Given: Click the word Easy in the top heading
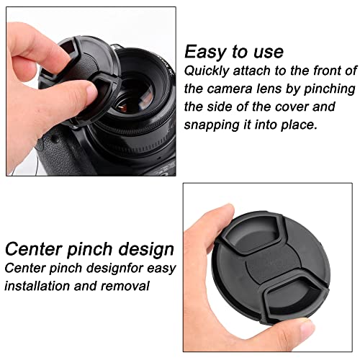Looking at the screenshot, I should click(204, 52).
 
